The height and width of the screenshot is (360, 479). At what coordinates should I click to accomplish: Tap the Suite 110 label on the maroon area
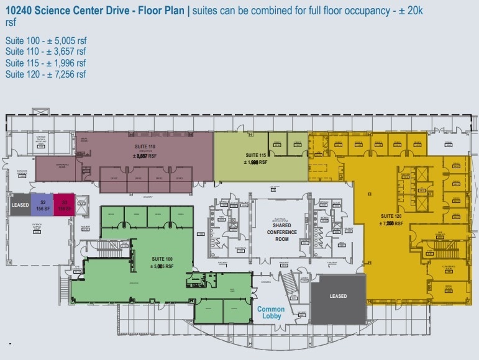point(143,151)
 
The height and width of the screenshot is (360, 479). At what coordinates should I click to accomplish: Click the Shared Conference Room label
point(281,232)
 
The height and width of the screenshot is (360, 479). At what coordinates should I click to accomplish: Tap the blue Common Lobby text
point(271,312)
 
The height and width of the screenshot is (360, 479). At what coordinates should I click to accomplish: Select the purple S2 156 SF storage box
point(43,205)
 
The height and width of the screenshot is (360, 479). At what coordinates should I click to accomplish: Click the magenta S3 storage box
point(64,205)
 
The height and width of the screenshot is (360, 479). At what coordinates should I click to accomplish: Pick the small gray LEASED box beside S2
point(21,205)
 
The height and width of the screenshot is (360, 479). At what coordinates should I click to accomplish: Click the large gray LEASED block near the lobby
point(338,296)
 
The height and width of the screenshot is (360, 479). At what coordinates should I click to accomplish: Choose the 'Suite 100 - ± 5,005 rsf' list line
point(45,40)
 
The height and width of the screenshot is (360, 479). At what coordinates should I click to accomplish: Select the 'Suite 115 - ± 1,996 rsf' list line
point(45,63)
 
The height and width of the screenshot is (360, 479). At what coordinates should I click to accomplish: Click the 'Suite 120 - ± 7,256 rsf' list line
point(45,74)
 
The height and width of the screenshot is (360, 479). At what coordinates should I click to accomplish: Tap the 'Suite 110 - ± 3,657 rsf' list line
point(45,52)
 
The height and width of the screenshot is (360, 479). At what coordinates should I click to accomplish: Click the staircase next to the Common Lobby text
point(290,287)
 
